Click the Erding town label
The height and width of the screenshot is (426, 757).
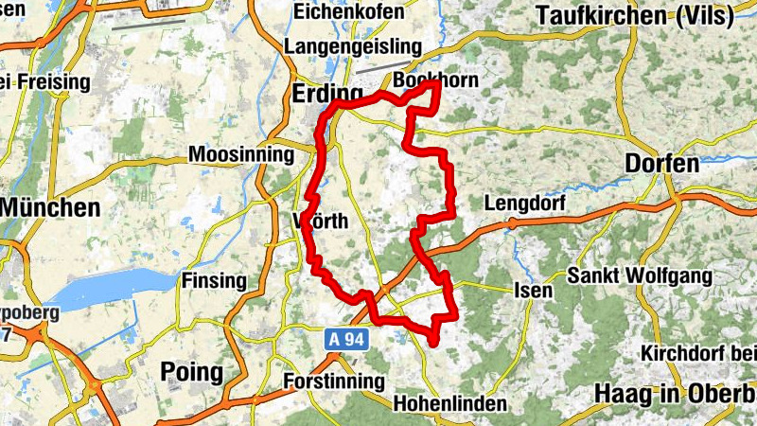(x=326, y=95)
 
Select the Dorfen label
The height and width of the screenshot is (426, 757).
(x=662, y=164)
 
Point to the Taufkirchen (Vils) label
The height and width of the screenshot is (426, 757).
(x=644, y=15)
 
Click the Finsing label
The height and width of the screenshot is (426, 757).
(x=213, y=281)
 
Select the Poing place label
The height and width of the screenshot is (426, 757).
(x=191, y=371)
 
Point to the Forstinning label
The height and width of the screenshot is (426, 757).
(x=335, y=382)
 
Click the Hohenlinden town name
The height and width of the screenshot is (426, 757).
(x=448, y=404)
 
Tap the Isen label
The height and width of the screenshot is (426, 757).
(x=534, y=291)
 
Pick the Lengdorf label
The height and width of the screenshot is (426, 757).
(x=524, y=204)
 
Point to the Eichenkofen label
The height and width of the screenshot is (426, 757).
(x=349, y=12)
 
